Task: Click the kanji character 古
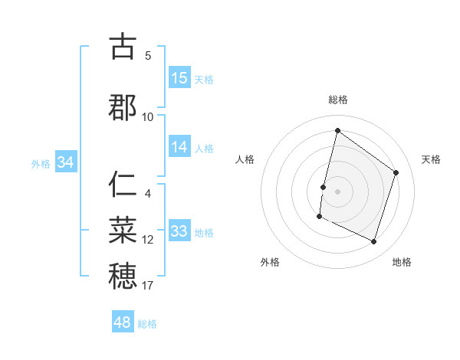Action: [x=123, y=47]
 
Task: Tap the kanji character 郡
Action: [x=123, y=107]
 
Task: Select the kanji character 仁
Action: [x=123, y=185]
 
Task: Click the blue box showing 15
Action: [x=179, y=78]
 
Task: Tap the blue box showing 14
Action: [x=179, y=147]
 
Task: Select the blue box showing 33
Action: [x=179, y=231]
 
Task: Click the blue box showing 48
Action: [x=123, y=322]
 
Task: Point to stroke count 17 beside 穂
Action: [x=147, y=286]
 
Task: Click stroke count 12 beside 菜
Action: [x=148, y=240]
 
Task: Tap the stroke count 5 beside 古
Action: [x=148, y=56]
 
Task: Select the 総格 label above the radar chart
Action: [x=338, y=100]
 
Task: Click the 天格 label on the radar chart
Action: [x=431, y=159]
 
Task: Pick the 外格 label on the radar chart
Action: [x=270, y=262]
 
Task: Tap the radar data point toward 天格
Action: [x=396, y=172]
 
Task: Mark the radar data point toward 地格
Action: [x=373, y=242]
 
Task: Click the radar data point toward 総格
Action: [x=337, y=131]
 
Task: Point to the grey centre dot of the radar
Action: [x=337, y=191]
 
